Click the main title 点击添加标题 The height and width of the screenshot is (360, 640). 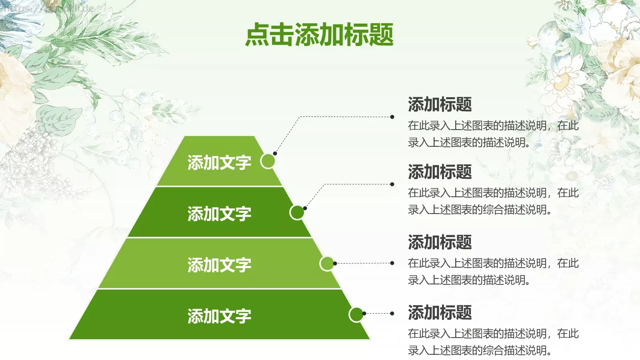tap(319, 34)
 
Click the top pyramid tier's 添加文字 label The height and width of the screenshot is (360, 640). tap(219, 163)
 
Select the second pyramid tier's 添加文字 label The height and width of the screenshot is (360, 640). tap(219, 214)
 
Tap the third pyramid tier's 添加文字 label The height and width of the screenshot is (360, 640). tap(219, 265)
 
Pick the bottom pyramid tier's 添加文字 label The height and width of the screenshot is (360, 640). tap(219, 316)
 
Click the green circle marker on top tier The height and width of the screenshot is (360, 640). tap(268, 161)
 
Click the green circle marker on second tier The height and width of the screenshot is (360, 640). tap(297, 212)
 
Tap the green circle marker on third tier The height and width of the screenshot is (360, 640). tap(327, 264)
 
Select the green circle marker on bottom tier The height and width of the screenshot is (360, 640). tap(356, 314)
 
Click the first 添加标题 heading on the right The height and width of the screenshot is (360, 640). tap(440, 104)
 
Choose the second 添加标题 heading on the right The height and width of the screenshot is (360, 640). tap(440, 172)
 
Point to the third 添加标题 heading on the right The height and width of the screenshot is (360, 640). tap(440, 242)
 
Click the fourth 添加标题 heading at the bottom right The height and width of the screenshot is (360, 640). tap(440, 312)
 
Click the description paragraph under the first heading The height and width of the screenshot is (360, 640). tap(493, 134)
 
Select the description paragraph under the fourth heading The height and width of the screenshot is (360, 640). tap(493, 342)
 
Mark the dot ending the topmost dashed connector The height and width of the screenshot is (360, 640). tap(392, 117)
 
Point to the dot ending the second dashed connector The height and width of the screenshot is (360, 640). tap(392, 184)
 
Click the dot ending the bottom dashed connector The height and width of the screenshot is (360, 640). tap(392, 314)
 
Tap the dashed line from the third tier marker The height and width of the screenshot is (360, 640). tap(363, 263)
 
